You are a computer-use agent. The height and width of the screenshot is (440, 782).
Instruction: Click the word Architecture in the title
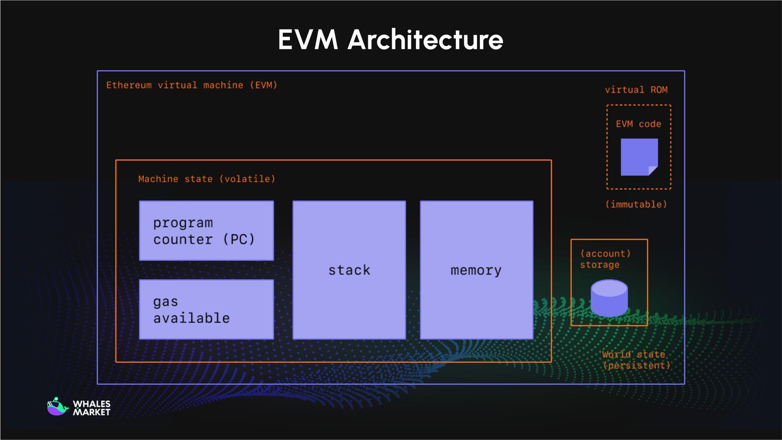tap(425, 40)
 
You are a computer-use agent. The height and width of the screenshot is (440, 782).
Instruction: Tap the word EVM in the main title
tap(308, 40)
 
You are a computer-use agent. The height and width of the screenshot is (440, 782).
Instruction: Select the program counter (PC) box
tap(206, 231)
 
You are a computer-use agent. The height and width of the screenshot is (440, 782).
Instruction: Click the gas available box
tap(206, 309)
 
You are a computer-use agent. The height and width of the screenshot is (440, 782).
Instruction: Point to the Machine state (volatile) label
tap(206, 179)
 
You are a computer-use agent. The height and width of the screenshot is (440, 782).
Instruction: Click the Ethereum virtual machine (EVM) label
tap(192, 85)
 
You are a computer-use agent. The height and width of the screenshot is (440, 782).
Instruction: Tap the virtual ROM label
tap(636, 90)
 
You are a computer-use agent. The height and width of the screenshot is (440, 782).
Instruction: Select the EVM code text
tap(638, 124)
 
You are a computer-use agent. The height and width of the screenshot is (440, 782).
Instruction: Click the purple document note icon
tap(639, 157)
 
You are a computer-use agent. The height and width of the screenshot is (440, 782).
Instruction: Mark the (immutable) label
tap(636, 205)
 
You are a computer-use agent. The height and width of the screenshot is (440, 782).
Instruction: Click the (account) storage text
tap(605, 259)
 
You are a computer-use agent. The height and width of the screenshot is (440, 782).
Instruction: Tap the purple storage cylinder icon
tap(609, 298)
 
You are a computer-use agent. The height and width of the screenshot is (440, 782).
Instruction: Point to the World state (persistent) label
tap(636, 360)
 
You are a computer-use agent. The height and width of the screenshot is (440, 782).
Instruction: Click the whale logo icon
tap(57, 407)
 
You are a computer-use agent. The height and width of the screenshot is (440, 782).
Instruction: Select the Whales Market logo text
tap(91, 408)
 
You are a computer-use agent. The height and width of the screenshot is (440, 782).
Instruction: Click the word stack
tap(349, 270)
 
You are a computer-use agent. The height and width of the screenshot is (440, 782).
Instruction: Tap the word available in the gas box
tap(191, 318)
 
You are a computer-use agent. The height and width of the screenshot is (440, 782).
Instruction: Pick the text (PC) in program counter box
tap(239, 239)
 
